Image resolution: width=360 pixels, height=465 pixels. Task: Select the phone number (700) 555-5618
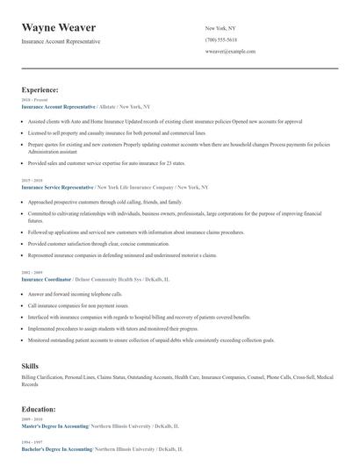point(221,40)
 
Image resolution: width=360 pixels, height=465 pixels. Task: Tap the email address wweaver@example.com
point(230,52)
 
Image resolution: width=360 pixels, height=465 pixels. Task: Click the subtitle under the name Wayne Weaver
point(61,41)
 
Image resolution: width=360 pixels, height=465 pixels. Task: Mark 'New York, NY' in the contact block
point(221,28)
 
